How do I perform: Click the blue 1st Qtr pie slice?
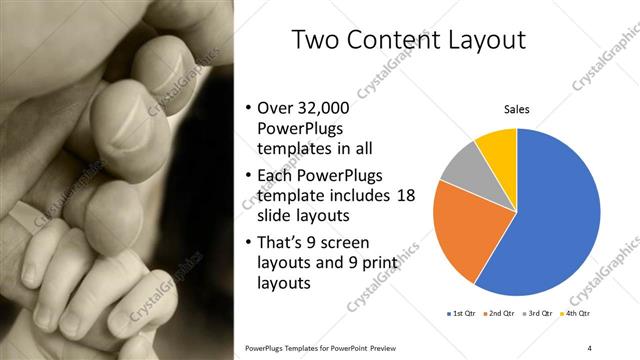tap(560, 220)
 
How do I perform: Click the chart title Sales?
tap(516, 109)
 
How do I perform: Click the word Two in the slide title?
tap(316, 40)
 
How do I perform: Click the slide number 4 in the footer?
tap(590, 347)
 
